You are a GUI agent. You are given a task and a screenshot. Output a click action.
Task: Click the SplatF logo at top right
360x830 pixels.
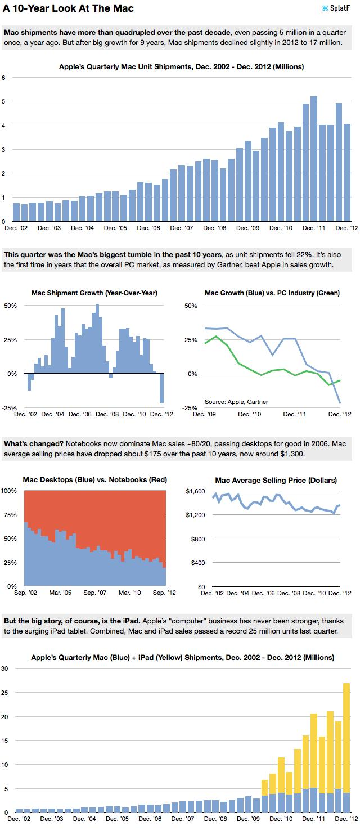click(x=336, y=8)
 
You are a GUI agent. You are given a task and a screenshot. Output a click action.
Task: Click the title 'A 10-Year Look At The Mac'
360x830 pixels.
click(x=68, y=8)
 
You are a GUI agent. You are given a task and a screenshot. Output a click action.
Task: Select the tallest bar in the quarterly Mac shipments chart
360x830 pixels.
click(x=314, y=159)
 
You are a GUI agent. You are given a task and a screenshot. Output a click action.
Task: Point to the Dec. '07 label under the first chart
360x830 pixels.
click(x=182, y=228)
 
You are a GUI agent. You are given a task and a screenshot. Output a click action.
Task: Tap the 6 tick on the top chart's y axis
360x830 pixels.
click(x=4, y=78)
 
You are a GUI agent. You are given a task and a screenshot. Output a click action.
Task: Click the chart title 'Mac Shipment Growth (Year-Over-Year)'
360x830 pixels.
click(x=94, y=293)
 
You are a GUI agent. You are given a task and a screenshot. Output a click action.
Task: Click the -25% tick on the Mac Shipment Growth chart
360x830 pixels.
click(x=10, y=408)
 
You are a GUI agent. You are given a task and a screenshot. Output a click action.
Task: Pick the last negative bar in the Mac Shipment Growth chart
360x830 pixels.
click(x=162, y=388)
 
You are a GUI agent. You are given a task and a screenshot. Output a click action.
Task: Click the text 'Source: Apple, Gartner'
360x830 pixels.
click(x=236, y=402)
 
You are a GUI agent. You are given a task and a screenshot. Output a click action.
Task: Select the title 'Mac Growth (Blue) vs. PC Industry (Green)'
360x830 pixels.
click(x=272, y=293)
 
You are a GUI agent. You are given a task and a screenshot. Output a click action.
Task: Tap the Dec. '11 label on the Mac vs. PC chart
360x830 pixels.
click(x=294, y=414)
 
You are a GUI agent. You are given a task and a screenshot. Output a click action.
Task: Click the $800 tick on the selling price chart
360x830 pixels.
click(x=198, y=539)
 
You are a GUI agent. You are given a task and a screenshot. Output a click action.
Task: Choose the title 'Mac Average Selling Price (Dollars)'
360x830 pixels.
click(x=276, y=480)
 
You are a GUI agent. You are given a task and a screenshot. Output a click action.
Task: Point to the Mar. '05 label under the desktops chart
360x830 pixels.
click(x=60, y=593)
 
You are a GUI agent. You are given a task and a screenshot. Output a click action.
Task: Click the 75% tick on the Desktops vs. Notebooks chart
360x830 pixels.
click(x=10, y=515)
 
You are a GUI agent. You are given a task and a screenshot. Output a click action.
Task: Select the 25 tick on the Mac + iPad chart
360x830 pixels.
click(x=4, y=692)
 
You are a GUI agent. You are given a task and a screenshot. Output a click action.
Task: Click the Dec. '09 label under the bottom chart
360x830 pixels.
click(x=248, y=819)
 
